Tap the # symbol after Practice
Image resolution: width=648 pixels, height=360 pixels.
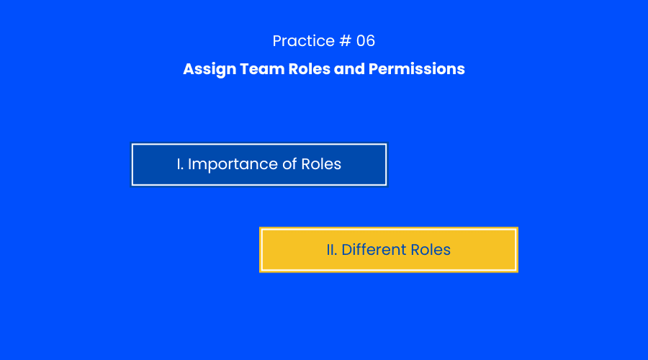click(346, 41)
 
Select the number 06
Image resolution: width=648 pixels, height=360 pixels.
click(366, 41)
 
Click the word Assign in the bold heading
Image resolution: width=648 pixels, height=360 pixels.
click(210, 69)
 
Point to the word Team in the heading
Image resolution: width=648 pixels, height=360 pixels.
click(262, 69)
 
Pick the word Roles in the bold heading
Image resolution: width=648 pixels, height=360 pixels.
click(309, 69)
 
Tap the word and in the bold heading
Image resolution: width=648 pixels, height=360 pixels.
click(349, 69)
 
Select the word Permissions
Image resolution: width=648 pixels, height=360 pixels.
click(417, 69)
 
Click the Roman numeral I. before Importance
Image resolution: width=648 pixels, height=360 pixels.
click(180, 164)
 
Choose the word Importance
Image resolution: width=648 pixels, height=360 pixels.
click(233, 165)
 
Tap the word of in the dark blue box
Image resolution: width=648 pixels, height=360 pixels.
click(289, 164)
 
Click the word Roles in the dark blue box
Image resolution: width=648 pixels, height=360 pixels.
click(321, 164)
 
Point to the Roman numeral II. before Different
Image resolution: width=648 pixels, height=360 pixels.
click(332, 250)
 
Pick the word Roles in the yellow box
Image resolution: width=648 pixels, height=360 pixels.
click(431, 250)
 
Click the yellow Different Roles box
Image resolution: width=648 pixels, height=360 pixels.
click(389, 250)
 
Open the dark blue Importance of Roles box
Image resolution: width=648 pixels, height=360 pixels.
click(259, 164)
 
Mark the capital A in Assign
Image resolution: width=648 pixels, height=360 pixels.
click(189, 69)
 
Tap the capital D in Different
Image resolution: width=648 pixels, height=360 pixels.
click(347, 250)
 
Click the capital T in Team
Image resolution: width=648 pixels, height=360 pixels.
click(245, 69)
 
